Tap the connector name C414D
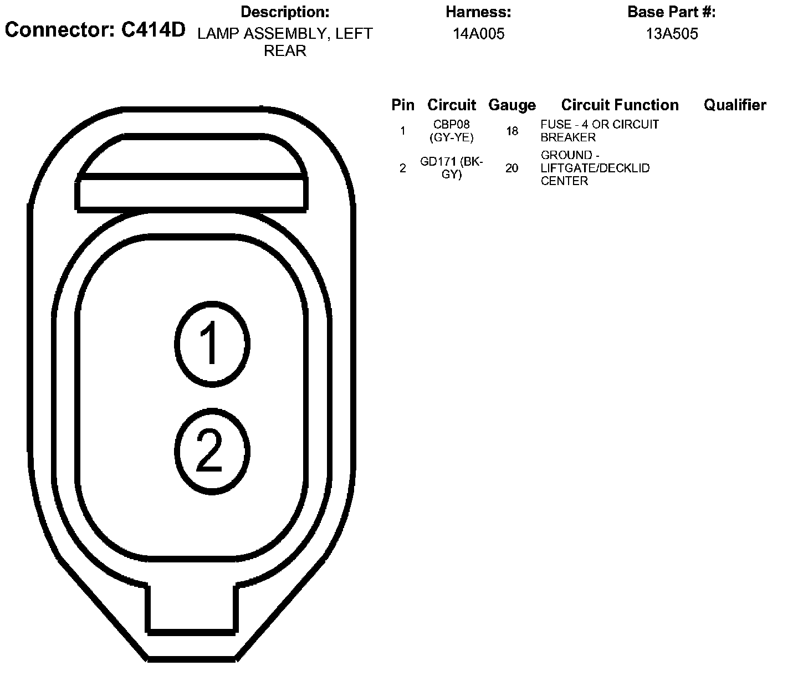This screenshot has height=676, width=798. pyautogui.click(x=154, y=30)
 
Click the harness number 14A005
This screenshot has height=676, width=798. pyautogui.click(x=478, y=34)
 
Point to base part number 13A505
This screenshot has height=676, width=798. pyautogui.click(x=672, y=34)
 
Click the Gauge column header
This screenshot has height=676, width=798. pyautogui.click(x=512, y=105)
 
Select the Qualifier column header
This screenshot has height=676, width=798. pyautogui.click(x=735, y=105)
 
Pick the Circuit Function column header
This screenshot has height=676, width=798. pyautogui.click(x=620, y=105)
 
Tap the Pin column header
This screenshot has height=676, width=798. pyautogui.click(x=403, y=105)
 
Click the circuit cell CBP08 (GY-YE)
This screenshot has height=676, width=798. pyautogui.click(x=451, y=131)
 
